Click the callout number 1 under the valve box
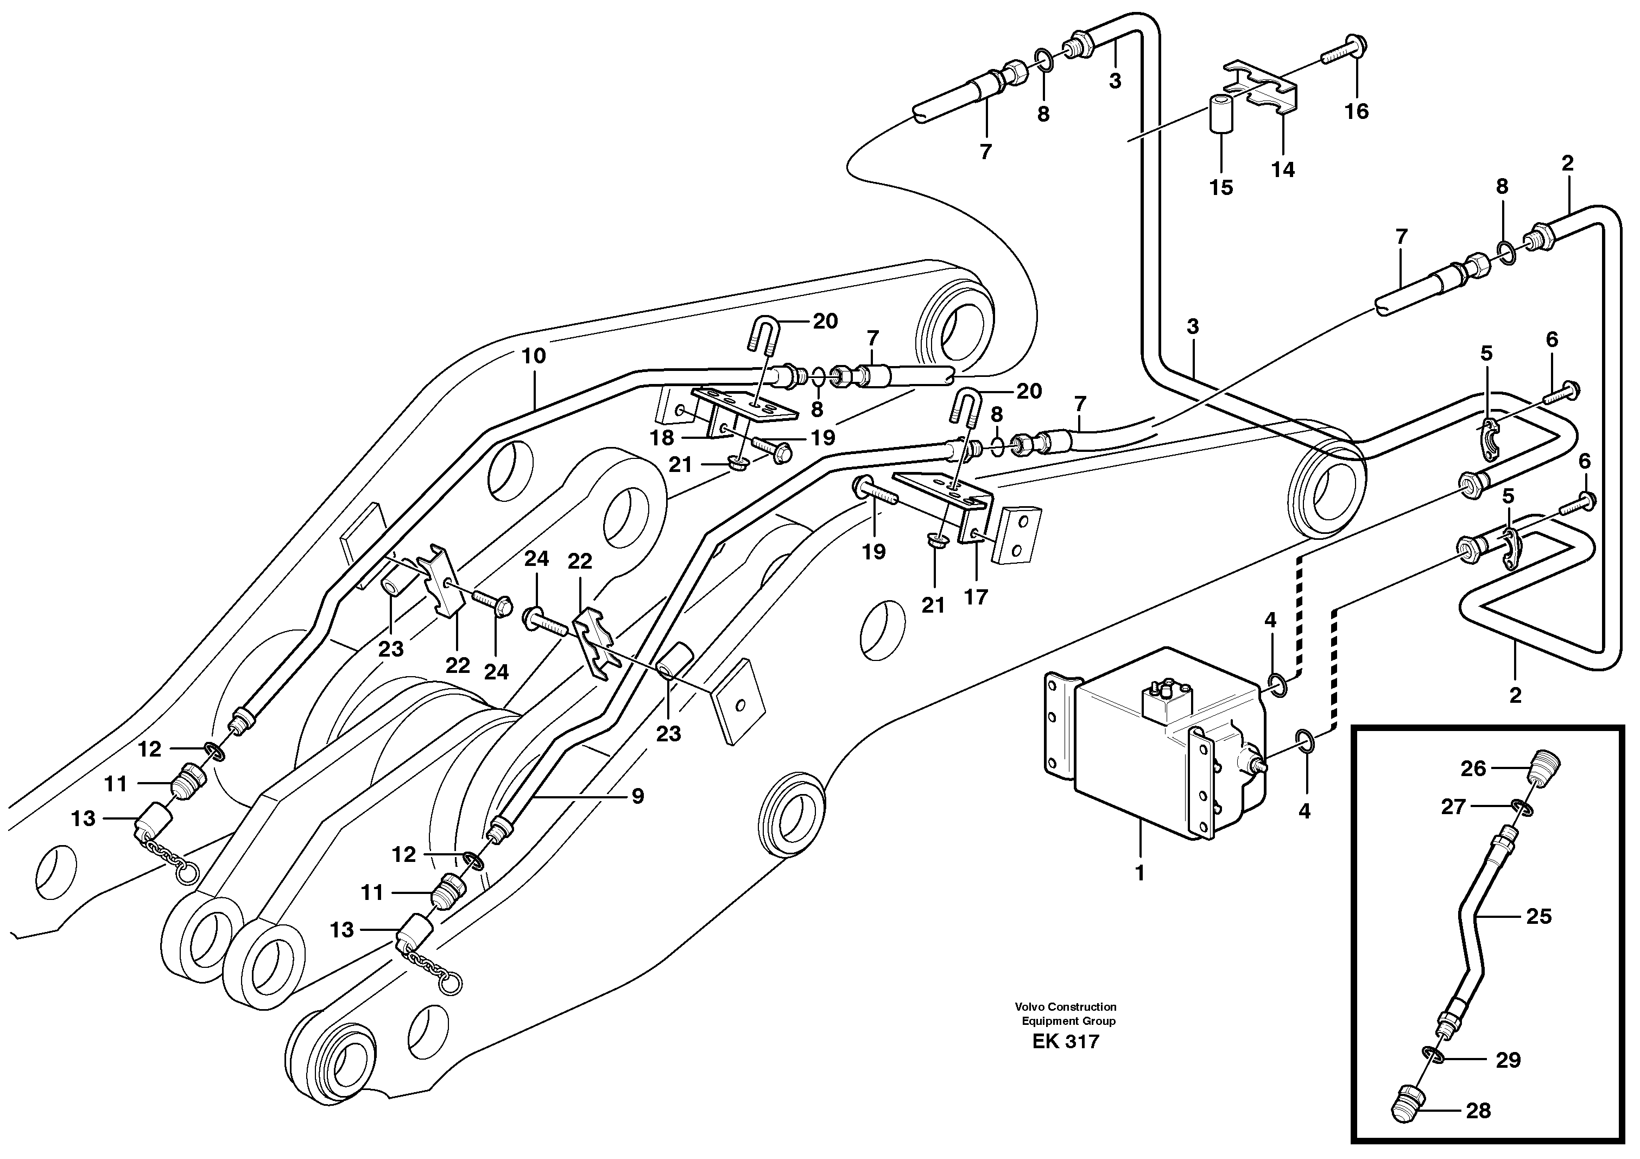click(x=1140, y=873)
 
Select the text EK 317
click(x=1066, y=1042)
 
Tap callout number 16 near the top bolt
click(x=1357, y=111)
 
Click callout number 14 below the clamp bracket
click(x=1283, y=170)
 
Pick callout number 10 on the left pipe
click(x=534, y=356)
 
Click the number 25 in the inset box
click(x=1538, y=916)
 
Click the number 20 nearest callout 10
click(x=825, y=322)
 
